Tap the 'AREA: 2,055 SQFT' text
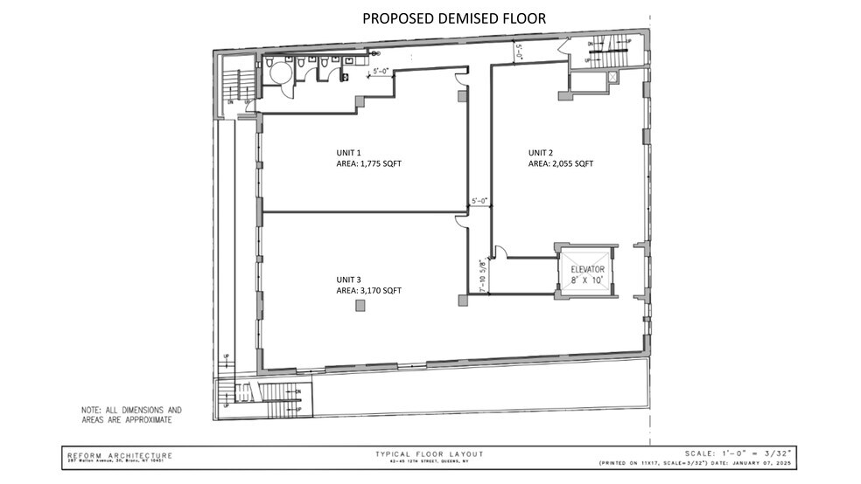coord(561,163)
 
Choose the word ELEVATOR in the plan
coord(588,269)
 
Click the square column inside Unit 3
coord(360,305)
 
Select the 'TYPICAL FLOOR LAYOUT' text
coord(429,454)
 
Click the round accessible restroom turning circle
coord(280,73)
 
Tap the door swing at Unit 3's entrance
coord(460,223)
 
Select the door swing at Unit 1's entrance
coord(460,80)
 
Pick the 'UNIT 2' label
coord(540,152)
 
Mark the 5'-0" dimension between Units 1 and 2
coord(479,201)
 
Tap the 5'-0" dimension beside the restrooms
coord(381,71)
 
